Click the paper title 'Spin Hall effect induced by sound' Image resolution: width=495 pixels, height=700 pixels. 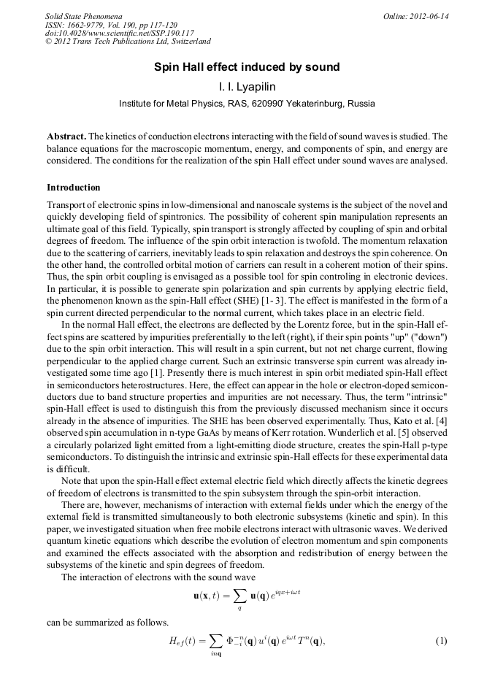click(247, 67)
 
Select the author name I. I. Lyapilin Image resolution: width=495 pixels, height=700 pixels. click(247, 87)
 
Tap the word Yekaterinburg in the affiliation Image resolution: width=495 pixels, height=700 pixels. click(313, 104)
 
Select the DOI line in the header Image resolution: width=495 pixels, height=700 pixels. click(119, 34)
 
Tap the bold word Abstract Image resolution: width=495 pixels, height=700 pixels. click(66, 136)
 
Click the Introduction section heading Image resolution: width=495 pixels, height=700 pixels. click(73, 188)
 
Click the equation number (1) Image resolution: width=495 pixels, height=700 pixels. click(441, 641)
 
